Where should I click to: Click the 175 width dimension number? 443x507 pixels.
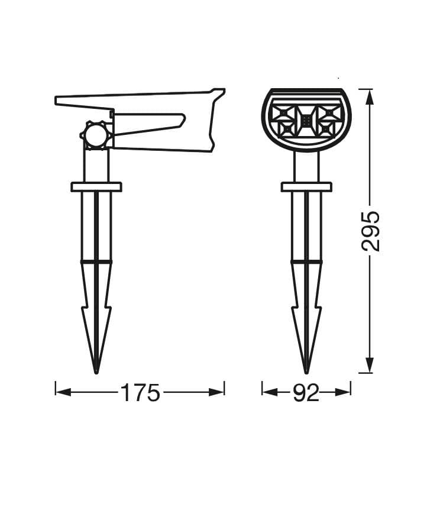pos(140,393)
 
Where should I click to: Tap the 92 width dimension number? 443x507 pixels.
pos(306,393)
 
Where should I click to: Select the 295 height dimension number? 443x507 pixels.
pos(370,231)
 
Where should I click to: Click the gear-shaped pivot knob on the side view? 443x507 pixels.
pos(96,135)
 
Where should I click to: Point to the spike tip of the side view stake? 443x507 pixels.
pos(96,372)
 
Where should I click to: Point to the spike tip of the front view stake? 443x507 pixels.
pos(306,372)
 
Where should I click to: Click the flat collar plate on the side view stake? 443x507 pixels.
pos(96,187)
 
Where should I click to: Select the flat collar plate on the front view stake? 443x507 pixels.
pos(306,187)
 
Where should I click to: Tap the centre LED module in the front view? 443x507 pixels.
pos(306,121)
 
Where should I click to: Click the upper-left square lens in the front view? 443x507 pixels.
pos(283,114)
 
